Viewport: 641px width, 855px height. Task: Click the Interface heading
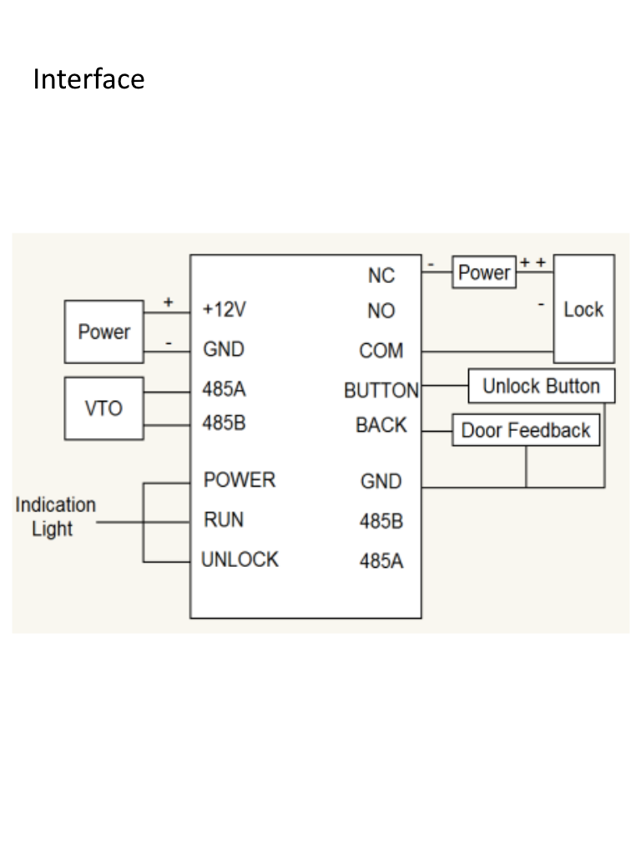point(88,79)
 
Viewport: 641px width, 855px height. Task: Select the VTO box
point(104,409)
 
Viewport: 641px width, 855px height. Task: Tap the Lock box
point(583,309)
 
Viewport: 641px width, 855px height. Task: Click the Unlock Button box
point(541,387)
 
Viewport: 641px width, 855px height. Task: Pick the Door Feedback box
point(526,430)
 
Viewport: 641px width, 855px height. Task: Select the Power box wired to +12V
point(104,331)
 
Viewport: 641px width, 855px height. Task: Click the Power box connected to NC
point(484,272)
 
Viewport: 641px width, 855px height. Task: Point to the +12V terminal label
point(225,310)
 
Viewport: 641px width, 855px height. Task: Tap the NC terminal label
point(381,276)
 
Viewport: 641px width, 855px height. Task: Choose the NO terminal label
point(381,311)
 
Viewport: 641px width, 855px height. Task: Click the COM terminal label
point(381,352)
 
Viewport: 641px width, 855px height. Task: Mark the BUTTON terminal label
point(381,391)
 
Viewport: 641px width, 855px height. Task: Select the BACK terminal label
point(381,425)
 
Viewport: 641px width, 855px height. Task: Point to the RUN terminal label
point(224,520)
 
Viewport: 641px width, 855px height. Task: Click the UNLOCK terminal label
point(240,559)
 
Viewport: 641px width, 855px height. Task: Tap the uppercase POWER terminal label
point(239,480)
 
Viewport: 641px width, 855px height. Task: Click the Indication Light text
point(55,517)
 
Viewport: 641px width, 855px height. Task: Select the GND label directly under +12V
point(224,349)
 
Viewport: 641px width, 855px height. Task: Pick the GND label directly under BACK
point(381,482)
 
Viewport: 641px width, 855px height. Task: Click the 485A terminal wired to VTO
point(224,389)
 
